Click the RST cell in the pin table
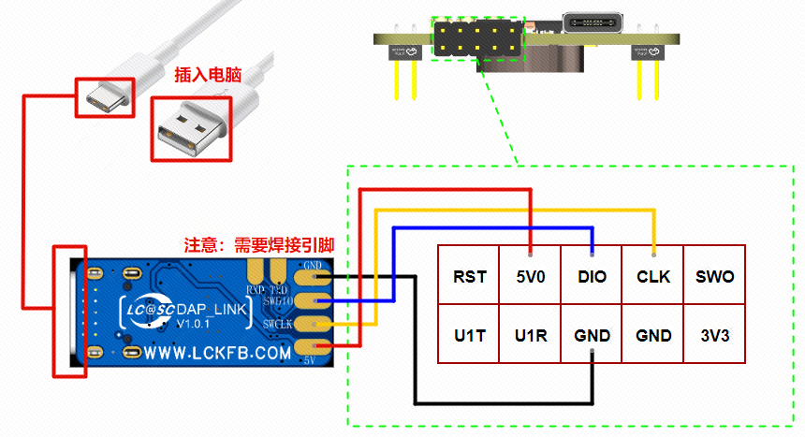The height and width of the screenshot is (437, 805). click(x=469, y=277)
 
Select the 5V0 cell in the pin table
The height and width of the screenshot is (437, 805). click(x=530, y=277)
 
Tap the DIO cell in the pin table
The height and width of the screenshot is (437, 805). click(x=592, y=277)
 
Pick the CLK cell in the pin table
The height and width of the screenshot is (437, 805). click(x=653, y=277)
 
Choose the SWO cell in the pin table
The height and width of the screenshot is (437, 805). click(x=715, y=277)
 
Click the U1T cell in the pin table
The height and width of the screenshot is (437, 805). click(x=469, y=334)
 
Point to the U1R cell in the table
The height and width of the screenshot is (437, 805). click(x=530, y=334)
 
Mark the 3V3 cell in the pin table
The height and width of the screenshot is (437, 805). click(x=715, y=334)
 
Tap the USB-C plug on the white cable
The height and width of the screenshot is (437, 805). click(x=104, y=97)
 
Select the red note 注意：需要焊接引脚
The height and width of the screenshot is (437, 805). click(x=259, y=245)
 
